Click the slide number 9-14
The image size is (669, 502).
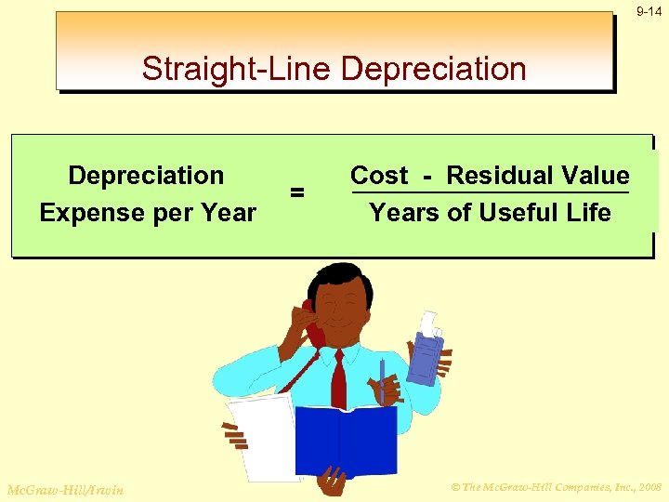[x=649, y=11]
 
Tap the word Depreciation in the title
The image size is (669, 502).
[x=434, y=69]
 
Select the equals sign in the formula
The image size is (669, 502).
[x=297, y=192]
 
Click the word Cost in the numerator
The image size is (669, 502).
[x=379, y=176]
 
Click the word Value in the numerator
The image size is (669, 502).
[x=597, y=176]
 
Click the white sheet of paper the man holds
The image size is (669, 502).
[x=260, y=428]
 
